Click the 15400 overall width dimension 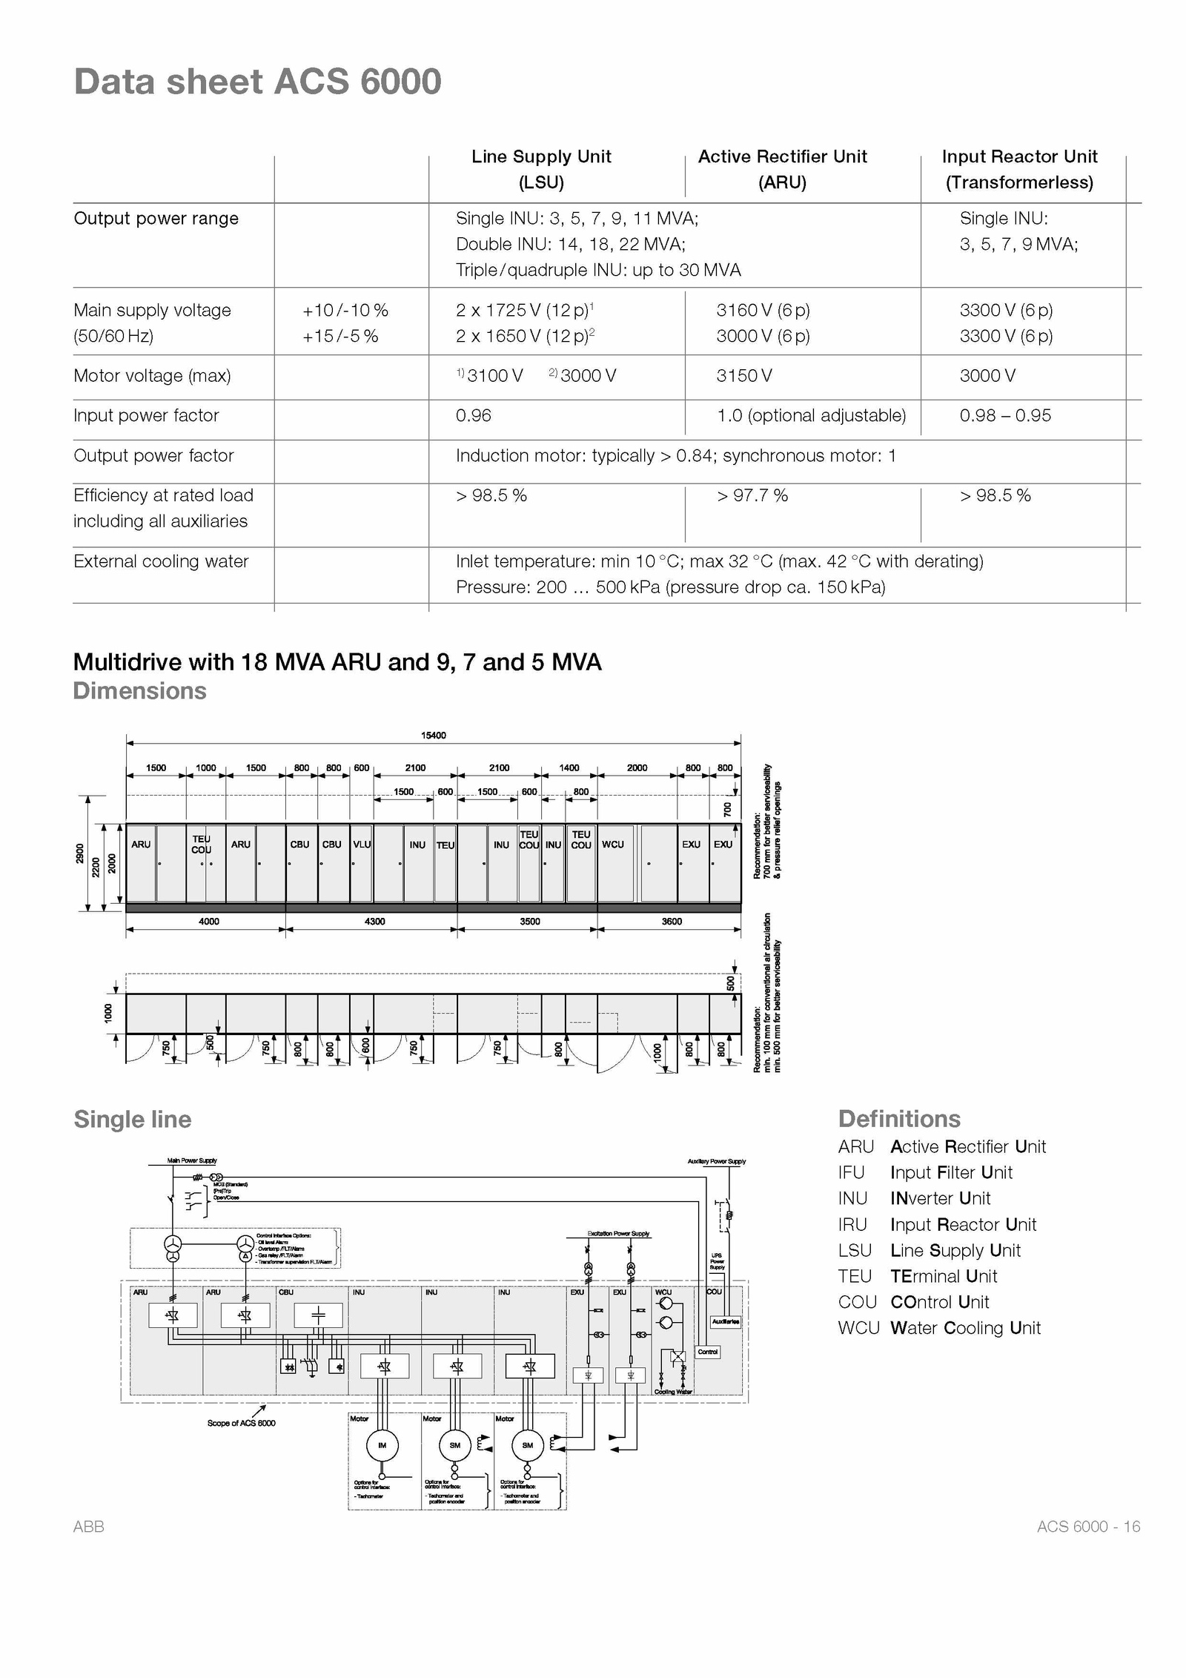[x=434, y=736]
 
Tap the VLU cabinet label [x=362, y=844]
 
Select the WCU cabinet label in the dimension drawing [x=613, y=844]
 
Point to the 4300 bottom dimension [x=374, y=921]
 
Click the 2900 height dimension [x=80, y=854]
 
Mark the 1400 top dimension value [x=569, y=767]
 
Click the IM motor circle [x=382, y=1445]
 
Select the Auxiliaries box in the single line [x=725, y=1321]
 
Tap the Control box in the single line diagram [x=708, y=1352]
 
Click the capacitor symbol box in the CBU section [x=318, y=1315]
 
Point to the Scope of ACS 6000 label [x=241, y=1423]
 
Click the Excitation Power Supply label [x=618, y=1234]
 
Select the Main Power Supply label [x=192, y=1160]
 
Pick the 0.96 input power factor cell [x=474, y=415]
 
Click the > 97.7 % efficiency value [x=752, y=495]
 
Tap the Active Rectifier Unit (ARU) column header [x=782, y=169]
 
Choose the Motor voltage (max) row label [x=152, y=376]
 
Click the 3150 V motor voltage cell [x=744, y=376]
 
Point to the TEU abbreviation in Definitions [x=855, y=1276]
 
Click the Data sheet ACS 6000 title [x=257, y=82]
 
